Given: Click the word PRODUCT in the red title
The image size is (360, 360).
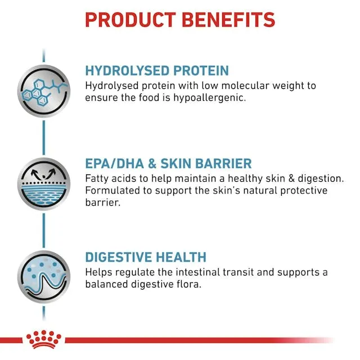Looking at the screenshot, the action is click(x=130, y=20).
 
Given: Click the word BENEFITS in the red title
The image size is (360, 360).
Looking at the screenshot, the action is click(x=228, y=20).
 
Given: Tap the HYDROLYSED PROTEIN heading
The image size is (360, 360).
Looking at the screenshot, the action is click(x=157, y=70).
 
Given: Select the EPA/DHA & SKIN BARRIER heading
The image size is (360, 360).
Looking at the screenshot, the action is click(x=169, y=164).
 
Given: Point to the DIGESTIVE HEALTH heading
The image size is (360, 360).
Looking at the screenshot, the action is click(x=146, y=257).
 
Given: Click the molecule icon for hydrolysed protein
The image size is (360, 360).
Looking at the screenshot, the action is click(x=44, y=91).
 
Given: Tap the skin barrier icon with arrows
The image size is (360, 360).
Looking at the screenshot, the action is click(x=44, y=184).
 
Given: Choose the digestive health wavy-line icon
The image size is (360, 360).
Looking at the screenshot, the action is click(x=44, y=277).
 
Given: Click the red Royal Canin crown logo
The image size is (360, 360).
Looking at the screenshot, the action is click(x=44, y=339).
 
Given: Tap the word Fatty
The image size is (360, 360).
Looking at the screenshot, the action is click(x=97, y=179).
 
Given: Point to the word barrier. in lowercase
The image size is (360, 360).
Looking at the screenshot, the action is click(x=102, y=202).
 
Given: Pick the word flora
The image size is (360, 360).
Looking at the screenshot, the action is click(x=189, y=284).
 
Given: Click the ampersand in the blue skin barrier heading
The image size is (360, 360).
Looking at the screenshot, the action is click(x=152, y=164).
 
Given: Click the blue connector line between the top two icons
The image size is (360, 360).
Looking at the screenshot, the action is click(x=44, y=138).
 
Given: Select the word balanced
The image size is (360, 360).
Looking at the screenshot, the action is click(x=106, y=284).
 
